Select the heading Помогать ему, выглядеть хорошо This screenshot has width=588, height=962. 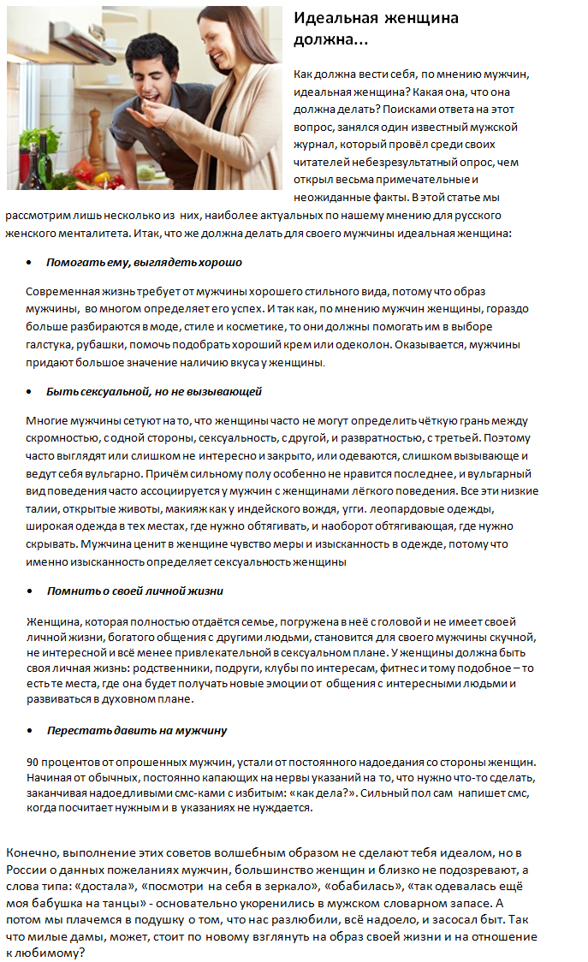click(x=144, y=262)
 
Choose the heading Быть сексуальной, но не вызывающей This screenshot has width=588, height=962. click(x=154, y=391)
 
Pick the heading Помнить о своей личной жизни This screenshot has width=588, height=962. click(x=135, y=591)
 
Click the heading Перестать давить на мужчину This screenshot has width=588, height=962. click(x=136, y=731)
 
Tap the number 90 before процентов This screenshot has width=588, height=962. click(x=33, y=762)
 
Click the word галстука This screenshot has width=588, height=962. click(x=49, y=344)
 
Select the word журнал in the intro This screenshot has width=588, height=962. click(x=315, y=144)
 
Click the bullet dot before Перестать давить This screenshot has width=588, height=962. click(x=30, y=732)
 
